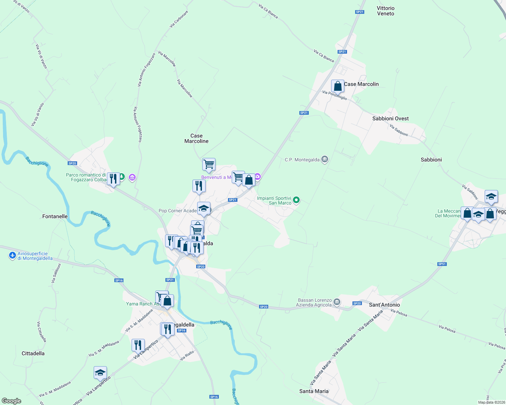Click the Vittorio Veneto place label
386,11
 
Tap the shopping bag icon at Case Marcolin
338,86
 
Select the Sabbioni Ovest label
390,118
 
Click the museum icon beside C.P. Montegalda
325,159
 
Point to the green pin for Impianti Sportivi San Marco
296,200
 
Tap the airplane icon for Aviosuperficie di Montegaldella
13,255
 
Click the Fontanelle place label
55,216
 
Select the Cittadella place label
33,353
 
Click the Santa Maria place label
314,391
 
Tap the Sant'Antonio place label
384,305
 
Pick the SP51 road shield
442,264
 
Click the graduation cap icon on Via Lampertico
100,373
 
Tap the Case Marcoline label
197,138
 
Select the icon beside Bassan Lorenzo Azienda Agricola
337,302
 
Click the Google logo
11,401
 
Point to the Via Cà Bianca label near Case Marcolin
324,56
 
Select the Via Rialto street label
187,355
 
